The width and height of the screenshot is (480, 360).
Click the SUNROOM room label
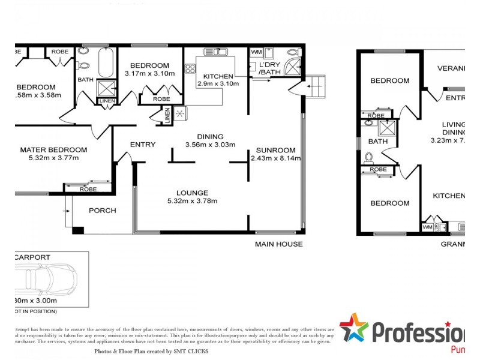click(275, 150)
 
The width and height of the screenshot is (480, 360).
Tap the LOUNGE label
click(193, 193)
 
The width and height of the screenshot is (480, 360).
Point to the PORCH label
click(102, 211)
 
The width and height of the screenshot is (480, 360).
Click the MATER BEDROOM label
click(53, 150)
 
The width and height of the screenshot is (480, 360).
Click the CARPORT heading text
click(31, 257)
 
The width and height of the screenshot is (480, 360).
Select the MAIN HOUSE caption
click(278, 244)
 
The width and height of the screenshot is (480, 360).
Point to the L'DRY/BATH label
click(269, 68)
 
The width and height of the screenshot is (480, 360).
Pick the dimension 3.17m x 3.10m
click(149, 74)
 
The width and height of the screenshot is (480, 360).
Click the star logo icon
click(353, 328)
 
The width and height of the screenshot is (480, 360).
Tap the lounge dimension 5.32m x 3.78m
click(193, 201)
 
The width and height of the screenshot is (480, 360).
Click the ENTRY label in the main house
click(143, 145)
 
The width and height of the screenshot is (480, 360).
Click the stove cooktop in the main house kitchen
click(190, 69)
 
